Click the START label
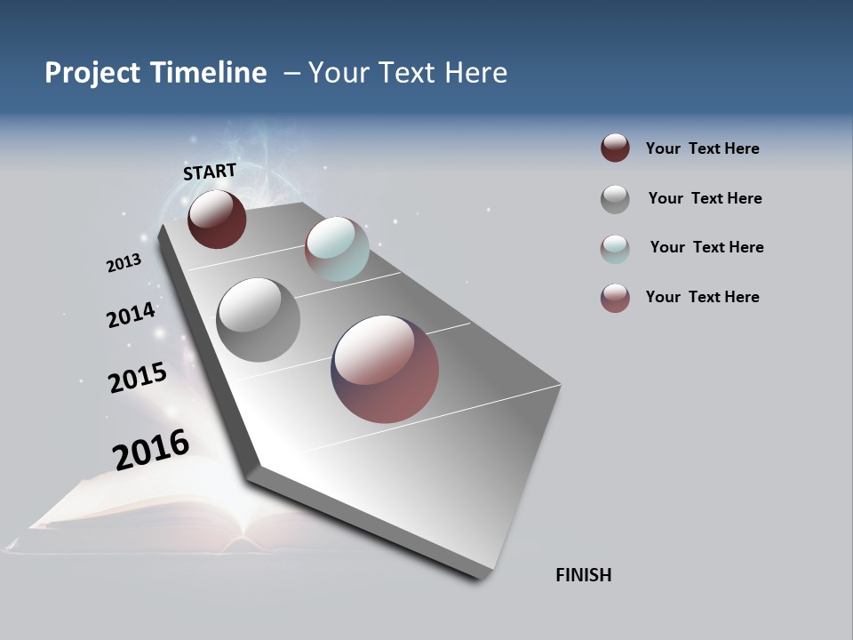click(210, 172)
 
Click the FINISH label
click(583, 575)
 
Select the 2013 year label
click(124, 262)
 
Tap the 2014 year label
click(131, 315)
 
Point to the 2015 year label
click(138, 378)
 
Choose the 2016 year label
click(151, 450)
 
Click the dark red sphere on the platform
click(217, 219)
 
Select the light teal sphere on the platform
click(337, 249)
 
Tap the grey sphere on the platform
click(258, 319)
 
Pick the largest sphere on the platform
click(385, 369)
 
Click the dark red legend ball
click(615, 148)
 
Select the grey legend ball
click(615, 199)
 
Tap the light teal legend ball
click(615, 248)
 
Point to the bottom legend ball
click(615, 298)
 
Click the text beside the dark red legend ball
click(702, 148)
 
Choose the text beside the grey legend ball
click(705, 198)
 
